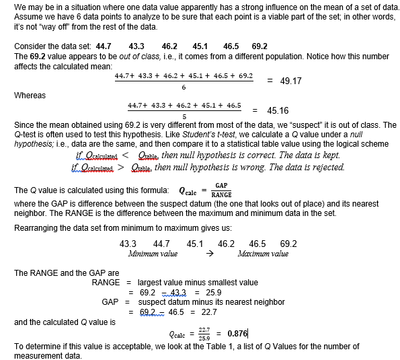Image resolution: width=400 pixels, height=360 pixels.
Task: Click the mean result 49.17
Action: (x=290, y=81)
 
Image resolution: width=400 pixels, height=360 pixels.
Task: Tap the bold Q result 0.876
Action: (x=238, y=333)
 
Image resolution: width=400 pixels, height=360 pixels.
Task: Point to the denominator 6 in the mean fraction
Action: (x=184, y=87)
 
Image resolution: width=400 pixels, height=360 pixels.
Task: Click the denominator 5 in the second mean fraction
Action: (x=184, y=116)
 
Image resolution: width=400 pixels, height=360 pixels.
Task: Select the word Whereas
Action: (x=30, y=96)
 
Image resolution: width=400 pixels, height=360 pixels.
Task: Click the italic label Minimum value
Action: (x=153, y=254)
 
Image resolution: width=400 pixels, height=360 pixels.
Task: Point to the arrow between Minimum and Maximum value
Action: (x=209, y=254)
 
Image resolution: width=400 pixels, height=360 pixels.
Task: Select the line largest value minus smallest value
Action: (x=198, y=283)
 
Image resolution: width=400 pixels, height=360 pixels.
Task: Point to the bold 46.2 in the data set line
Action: (x=169, y=46)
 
